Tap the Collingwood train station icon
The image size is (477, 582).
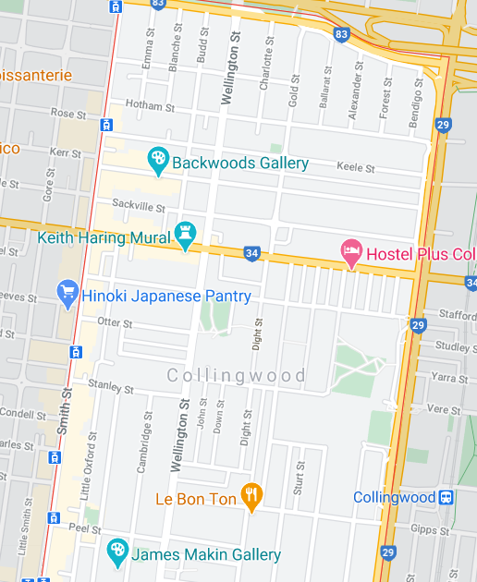tap(446, 497)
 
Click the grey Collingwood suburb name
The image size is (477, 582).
tap(237, 376)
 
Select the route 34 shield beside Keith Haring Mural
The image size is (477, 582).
tap(251, 253)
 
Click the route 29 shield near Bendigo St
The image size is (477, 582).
tap(443, 125)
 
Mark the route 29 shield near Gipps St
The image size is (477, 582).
tap(388, 553)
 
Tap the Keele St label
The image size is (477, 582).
tap(357, 169)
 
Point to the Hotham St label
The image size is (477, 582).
tap(142, 105)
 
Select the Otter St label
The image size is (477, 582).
tap(116, 323)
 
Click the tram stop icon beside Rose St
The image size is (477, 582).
tap(107, 124)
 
